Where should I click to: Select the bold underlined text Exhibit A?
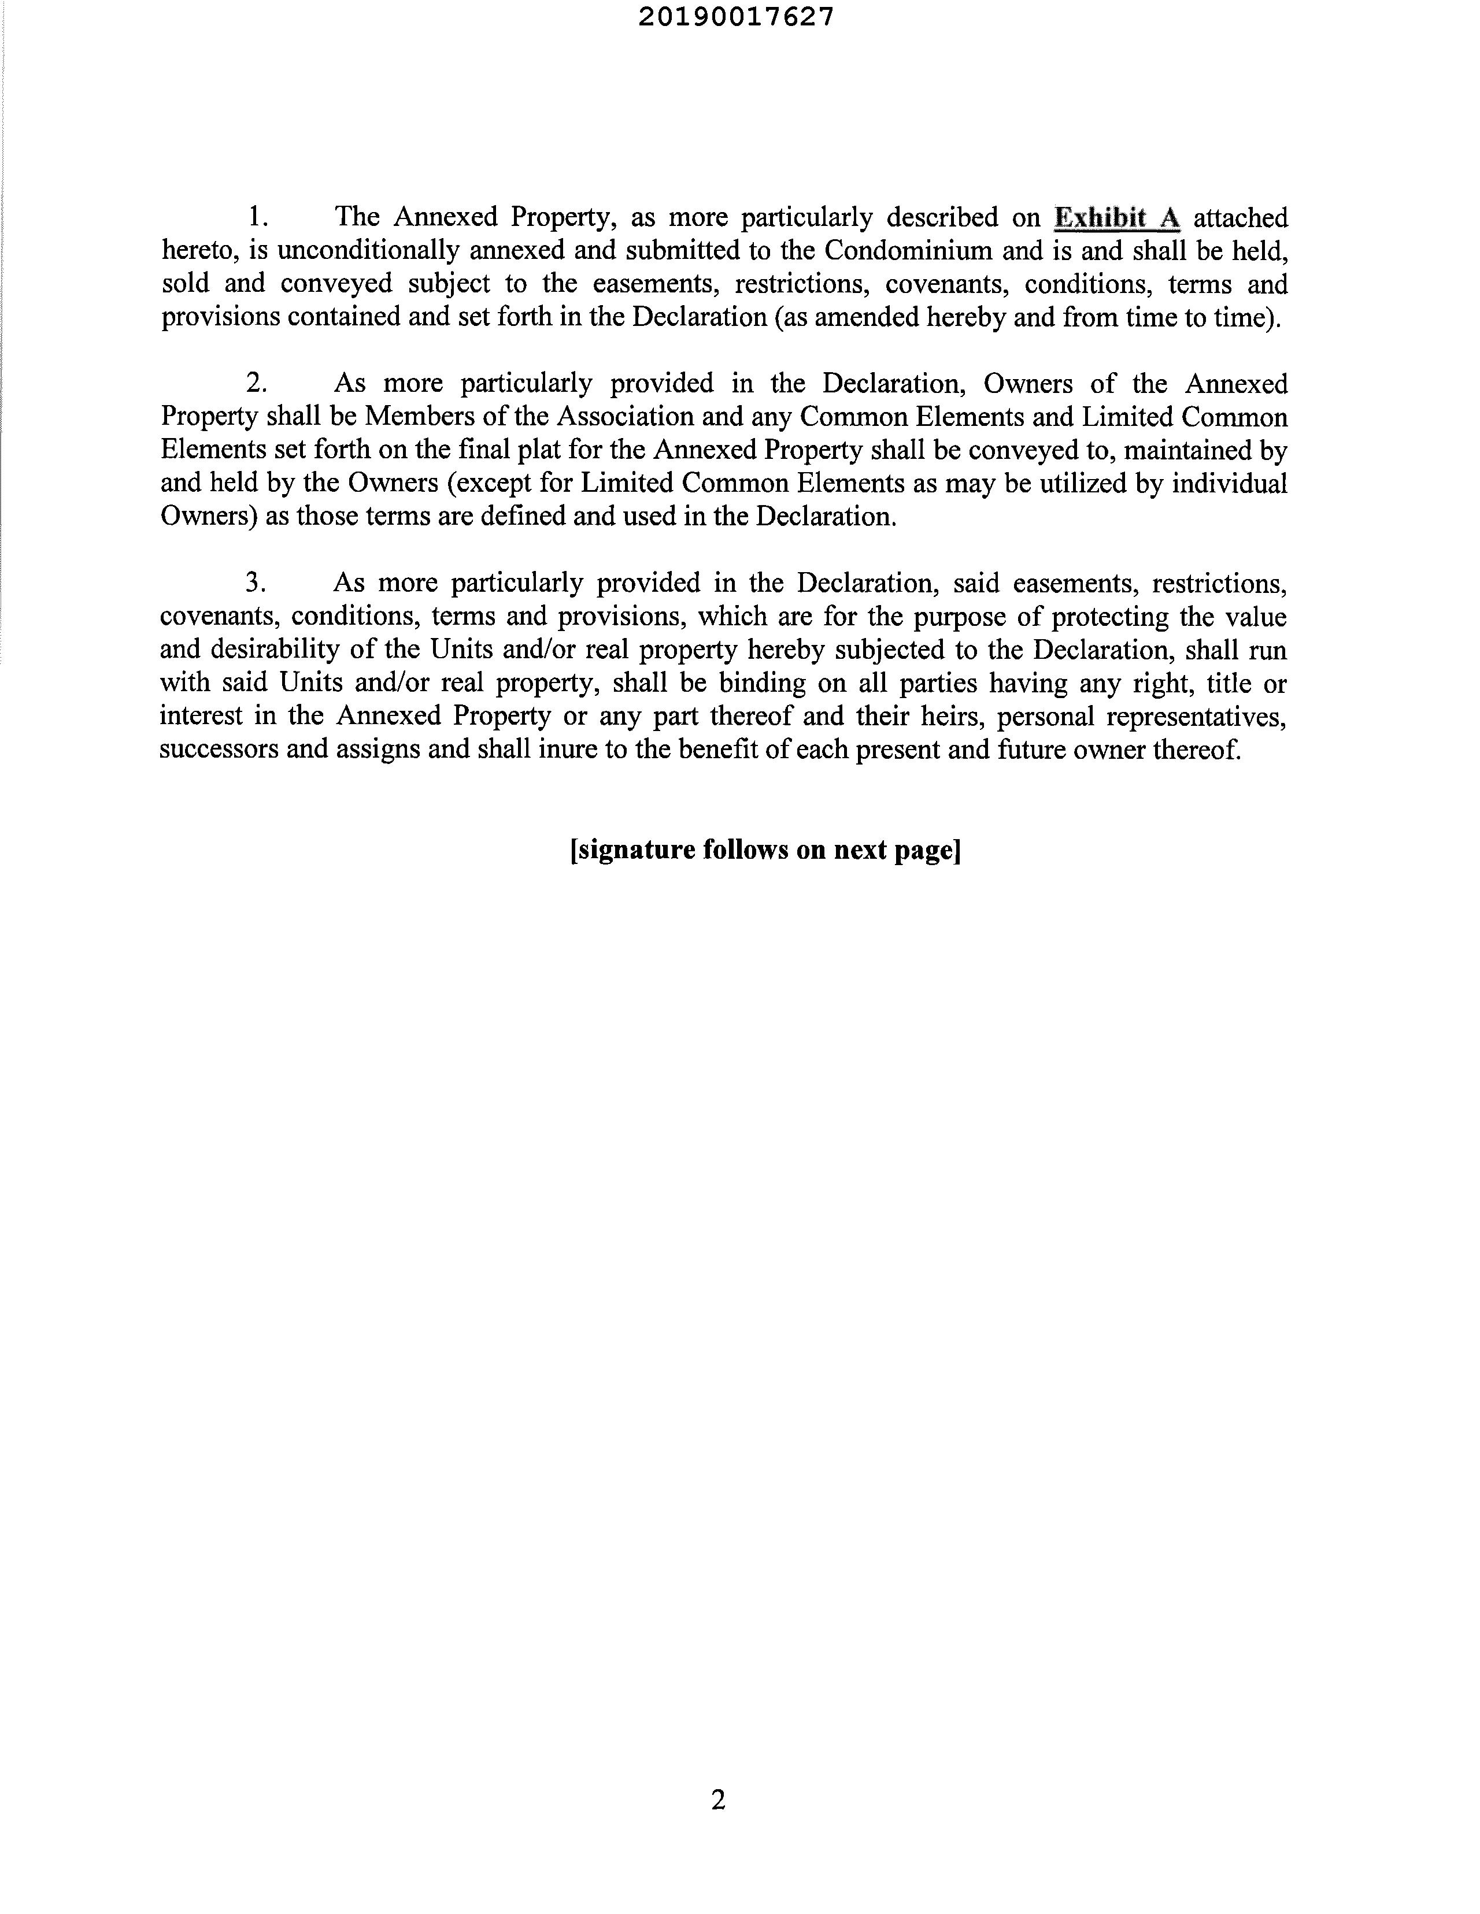pyautogui.click(x=1117, y=217)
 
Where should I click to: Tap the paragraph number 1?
pyautogui.click(x=257, y=217)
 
